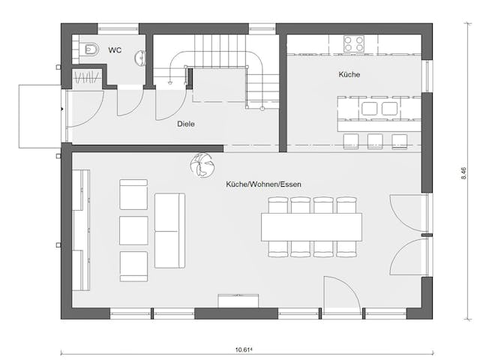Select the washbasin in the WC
pos(140,56)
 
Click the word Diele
pos(186,124)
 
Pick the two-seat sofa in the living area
pos(169,229)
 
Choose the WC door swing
pos(129,101)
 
